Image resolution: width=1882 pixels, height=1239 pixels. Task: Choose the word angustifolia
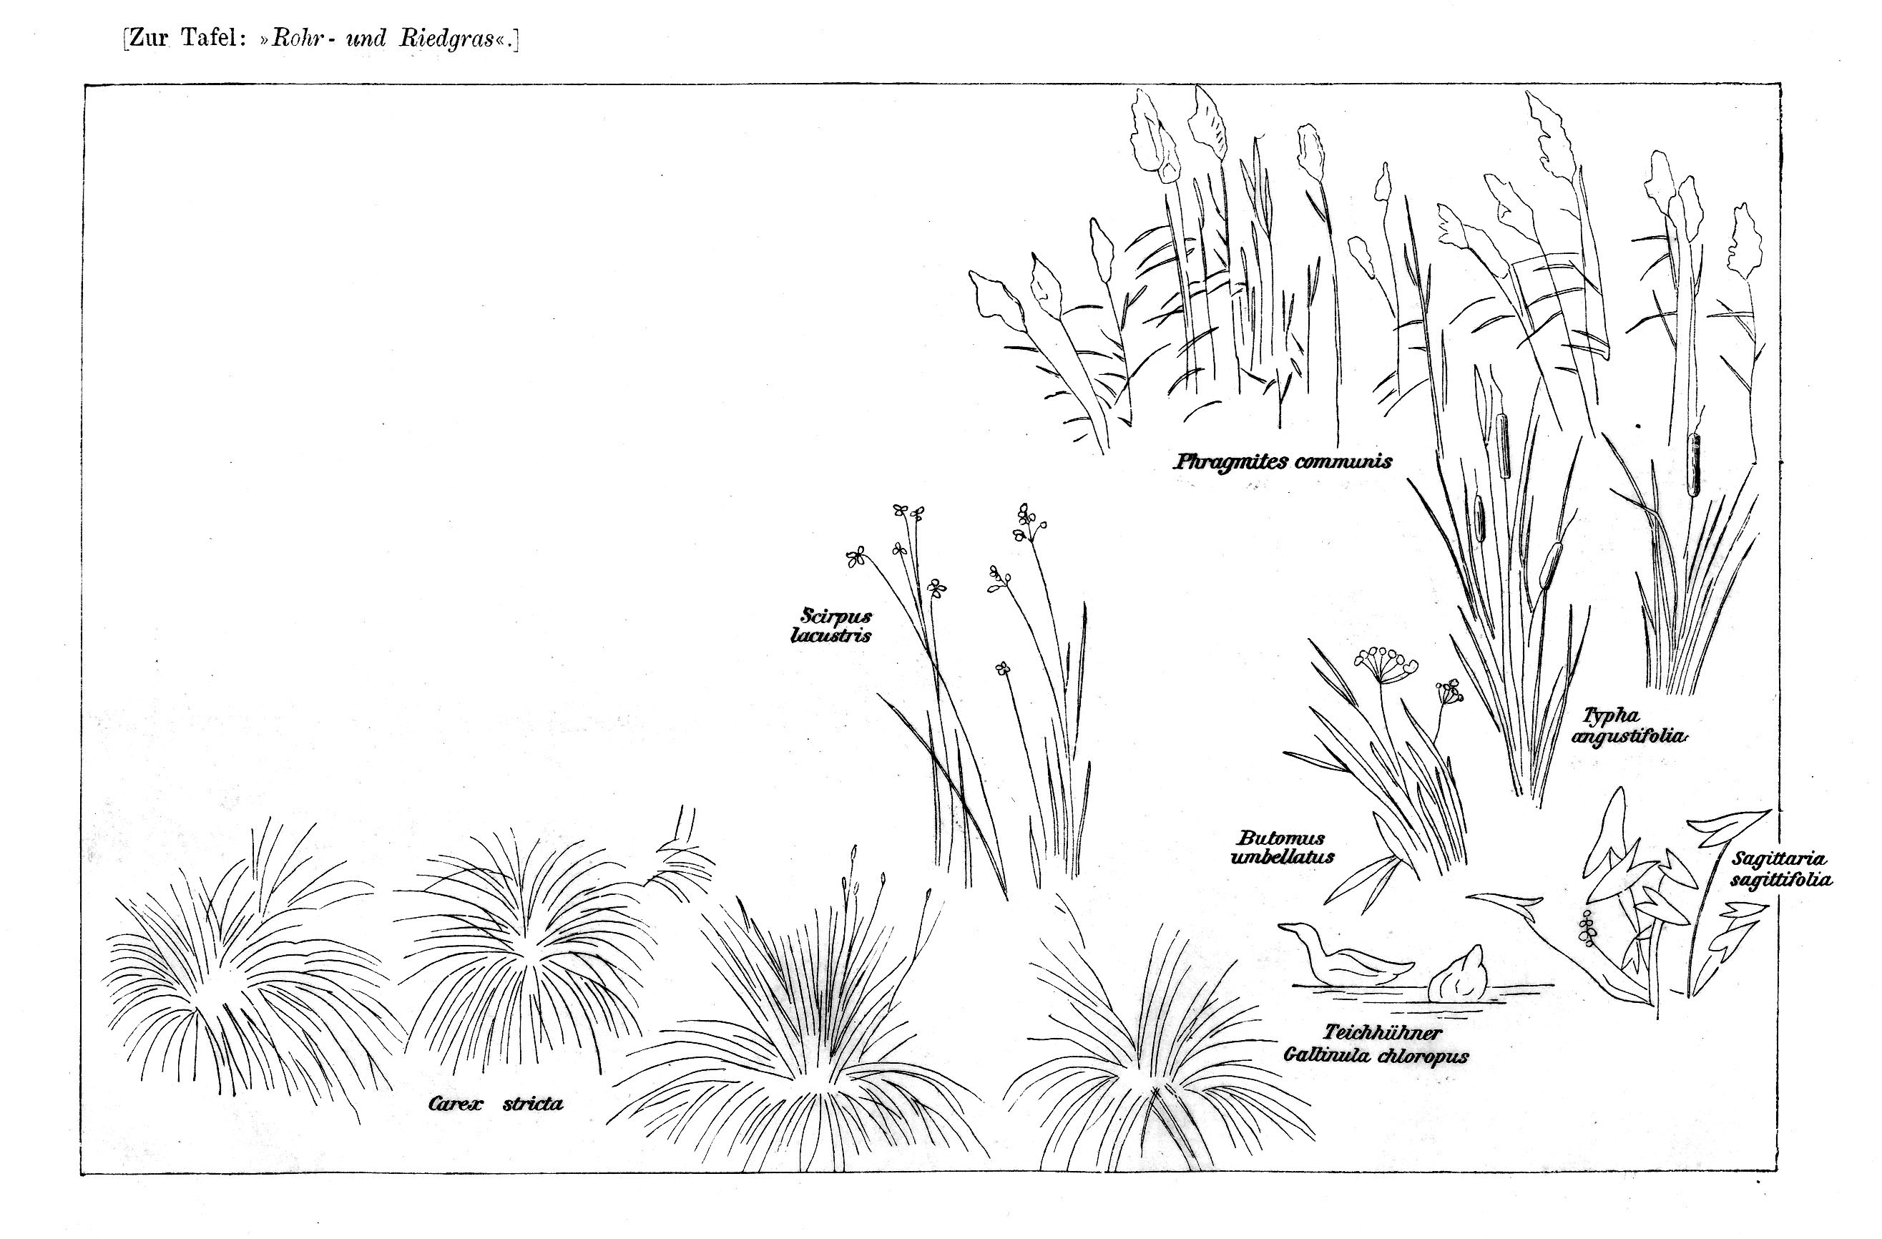[x=1628, y=737]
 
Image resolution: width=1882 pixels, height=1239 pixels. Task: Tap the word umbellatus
[x=1283, y=857]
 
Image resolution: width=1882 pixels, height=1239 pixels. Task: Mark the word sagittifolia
[x=1781, y=880]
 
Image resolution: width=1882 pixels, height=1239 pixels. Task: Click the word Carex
[x=455, y=1104]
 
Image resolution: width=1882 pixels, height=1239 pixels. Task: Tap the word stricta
[x=533, y=1104]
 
